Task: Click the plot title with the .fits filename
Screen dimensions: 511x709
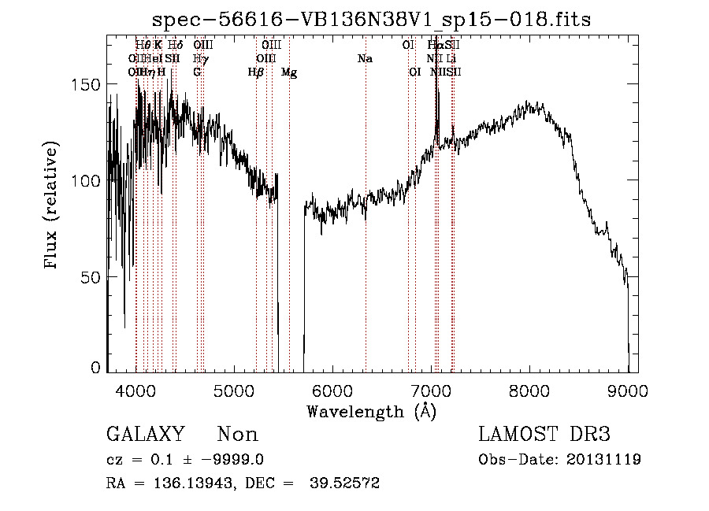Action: (x=371, y=18)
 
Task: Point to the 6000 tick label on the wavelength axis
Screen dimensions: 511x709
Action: (x=332, y=390)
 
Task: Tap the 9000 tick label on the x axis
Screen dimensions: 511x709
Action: (x=628, y=390)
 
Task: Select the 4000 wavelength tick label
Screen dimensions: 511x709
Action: (x=135, y=390)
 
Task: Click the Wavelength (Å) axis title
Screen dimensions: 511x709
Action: (x=371, y=411)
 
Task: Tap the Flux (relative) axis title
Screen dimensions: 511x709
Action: (x=53, y=207)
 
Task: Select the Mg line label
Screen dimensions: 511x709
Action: (x=289, y=72)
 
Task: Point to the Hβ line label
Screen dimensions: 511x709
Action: (x=255, y=72)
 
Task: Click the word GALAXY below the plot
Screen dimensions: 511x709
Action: (x=145, y=435)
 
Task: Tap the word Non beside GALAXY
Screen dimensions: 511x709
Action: (x=237, y=435)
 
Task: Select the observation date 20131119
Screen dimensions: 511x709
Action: (x=603, y=460)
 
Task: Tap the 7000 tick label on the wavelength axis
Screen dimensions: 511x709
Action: (x=431, y=390)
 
